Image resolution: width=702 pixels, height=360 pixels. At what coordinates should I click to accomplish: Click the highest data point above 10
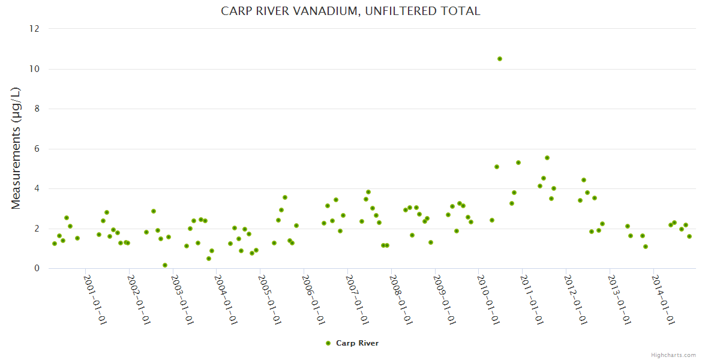500,59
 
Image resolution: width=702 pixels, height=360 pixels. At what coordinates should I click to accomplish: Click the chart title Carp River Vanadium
350,11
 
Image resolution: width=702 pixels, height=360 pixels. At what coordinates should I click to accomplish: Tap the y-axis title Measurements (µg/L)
16,148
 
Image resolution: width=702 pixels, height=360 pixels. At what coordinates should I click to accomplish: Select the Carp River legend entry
357,343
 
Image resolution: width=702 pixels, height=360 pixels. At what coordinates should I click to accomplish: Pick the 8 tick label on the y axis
37,109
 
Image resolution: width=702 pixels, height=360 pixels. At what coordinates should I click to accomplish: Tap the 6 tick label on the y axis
37,149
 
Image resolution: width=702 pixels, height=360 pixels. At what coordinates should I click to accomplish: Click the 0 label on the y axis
37,268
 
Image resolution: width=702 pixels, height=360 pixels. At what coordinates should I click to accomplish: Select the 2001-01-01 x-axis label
94,299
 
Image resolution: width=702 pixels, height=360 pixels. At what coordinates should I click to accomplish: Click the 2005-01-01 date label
269,299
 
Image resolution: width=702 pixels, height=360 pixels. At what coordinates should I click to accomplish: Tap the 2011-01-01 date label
531,299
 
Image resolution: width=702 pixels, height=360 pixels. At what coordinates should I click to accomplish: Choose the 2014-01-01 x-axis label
662,299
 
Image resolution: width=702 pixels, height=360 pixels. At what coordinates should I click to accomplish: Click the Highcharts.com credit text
673,355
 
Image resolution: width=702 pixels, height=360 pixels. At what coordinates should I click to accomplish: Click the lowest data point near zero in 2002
165,265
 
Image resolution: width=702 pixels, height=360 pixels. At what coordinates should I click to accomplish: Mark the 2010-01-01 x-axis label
487,299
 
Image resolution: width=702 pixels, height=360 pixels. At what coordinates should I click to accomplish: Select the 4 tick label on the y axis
37,188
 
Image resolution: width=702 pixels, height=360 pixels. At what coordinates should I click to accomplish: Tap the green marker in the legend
328,343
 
